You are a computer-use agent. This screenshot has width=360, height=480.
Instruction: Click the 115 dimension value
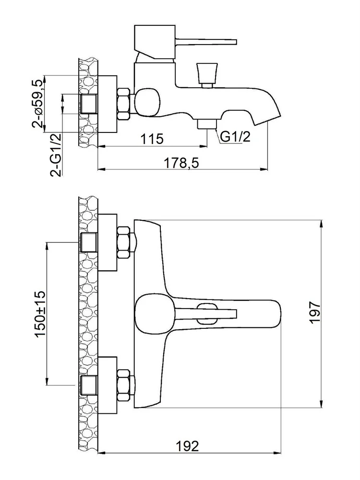coord(152,139)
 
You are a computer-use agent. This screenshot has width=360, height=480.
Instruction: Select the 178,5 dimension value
coord(181,163)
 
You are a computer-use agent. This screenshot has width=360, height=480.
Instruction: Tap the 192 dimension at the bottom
coord(187,446)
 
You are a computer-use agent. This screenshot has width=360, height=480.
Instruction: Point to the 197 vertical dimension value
coord(314,312)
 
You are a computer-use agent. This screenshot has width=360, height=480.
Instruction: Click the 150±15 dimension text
coord(40,314)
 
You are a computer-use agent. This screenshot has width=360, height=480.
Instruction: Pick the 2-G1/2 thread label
coord(56,155)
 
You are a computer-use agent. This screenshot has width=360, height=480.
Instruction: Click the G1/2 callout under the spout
coord(235,136)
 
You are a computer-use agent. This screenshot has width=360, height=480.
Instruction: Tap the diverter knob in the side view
coord(207,75)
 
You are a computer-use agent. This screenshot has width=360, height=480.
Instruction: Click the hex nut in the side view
coord(123,104)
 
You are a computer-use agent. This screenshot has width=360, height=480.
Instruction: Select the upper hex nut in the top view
coord(124,242)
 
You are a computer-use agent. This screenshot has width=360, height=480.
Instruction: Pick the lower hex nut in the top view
coord(124,385)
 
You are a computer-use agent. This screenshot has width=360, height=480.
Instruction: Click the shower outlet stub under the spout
coord(207,124)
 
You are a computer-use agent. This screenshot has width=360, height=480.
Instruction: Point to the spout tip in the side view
coord(267,118)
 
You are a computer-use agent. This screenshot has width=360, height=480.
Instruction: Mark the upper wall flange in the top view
coord(108,242)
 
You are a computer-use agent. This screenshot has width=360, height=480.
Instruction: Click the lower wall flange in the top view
coord(108,385)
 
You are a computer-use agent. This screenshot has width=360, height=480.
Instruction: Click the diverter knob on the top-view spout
coord(208,313)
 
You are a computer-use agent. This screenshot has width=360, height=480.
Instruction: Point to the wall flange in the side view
coord(108,104)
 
